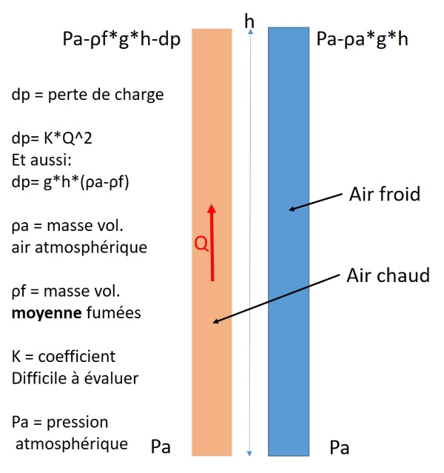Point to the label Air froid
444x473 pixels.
coord(384,195)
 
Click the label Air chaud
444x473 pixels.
coord(388,275)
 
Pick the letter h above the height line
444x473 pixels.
coord(250,21)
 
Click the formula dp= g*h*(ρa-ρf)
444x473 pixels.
coord(71,181)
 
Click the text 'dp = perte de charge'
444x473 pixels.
coord(87,95)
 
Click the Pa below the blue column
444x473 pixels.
coord(340,448)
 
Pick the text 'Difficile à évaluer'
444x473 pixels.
coord(75,378)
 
